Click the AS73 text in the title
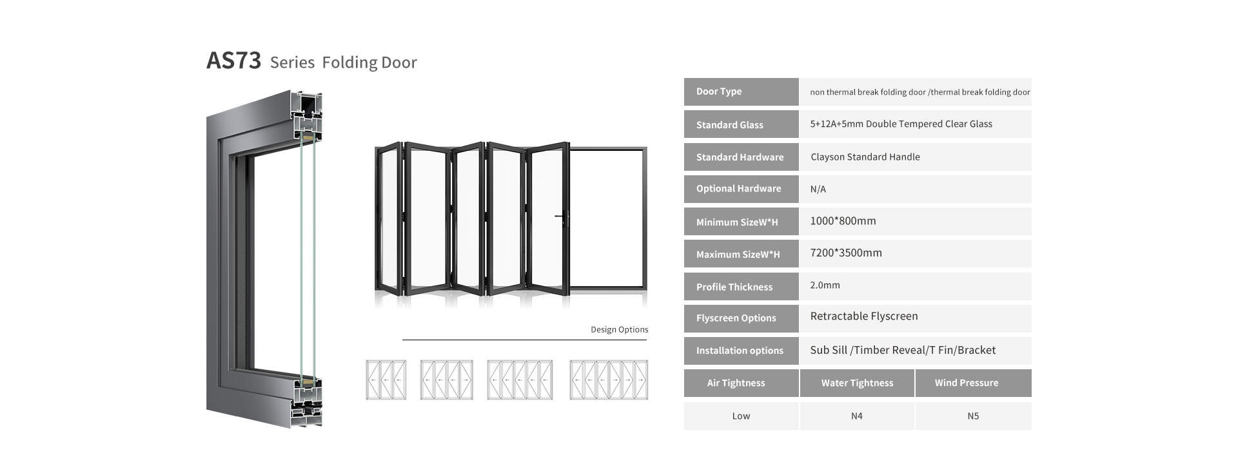[x=233, y=61]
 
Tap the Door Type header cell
[x=741, y=92]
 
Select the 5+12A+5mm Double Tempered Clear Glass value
[x=901, y=124]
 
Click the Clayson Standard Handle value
[x=865, y=157]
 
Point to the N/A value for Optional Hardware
[x=818, y=189]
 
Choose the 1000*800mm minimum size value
[x=843, y=221]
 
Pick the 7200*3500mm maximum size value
[x=846, y=253]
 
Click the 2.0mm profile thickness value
[x=825, y=285]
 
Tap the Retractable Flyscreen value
[x=864, y=316]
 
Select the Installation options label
[x=740, y=351]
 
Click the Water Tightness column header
[x=857, y=383]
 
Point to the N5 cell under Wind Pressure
[x=973, y=416]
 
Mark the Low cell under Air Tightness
[x=741, y=416]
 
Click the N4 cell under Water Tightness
[x=857, y=416]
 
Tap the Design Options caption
[x=620, y=329]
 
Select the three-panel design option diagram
[x=386, y=380]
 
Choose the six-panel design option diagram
[x=609, y=380]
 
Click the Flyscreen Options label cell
[x=741, y=318]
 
